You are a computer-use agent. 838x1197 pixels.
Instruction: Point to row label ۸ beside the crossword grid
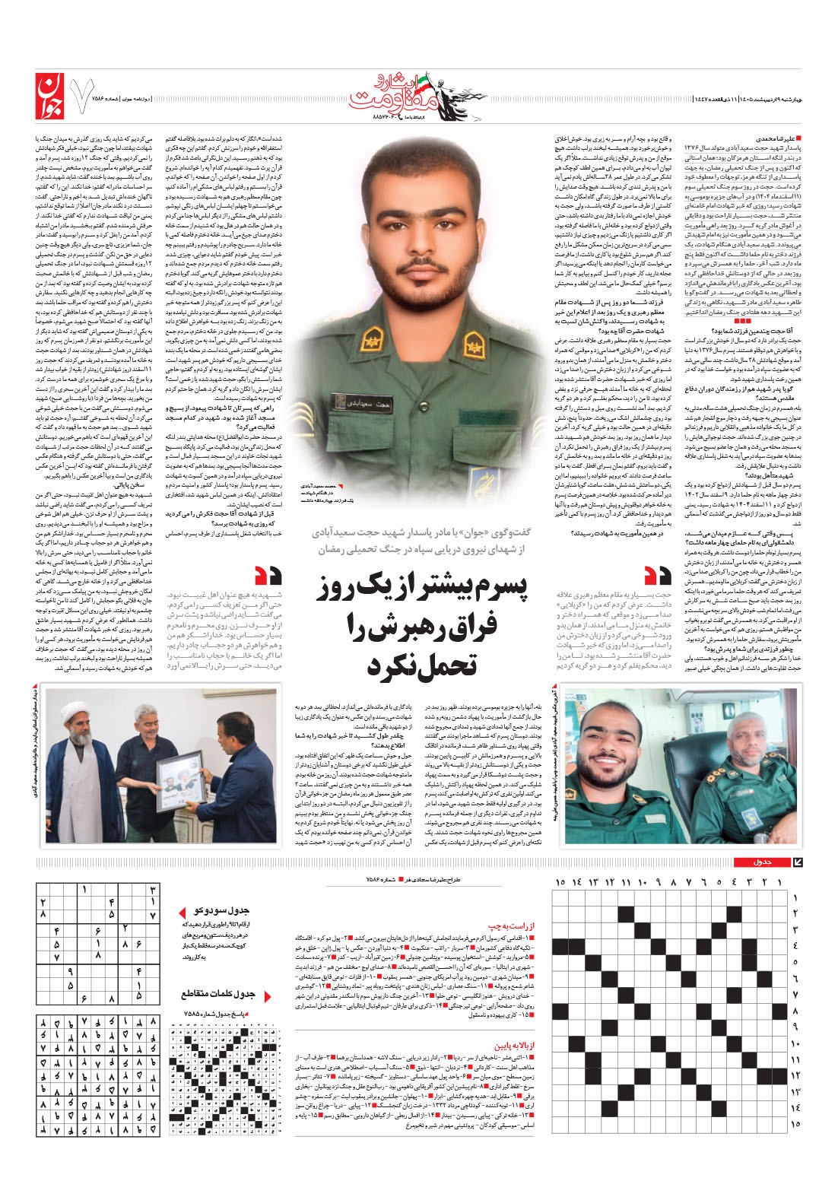pos(795,1011)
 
